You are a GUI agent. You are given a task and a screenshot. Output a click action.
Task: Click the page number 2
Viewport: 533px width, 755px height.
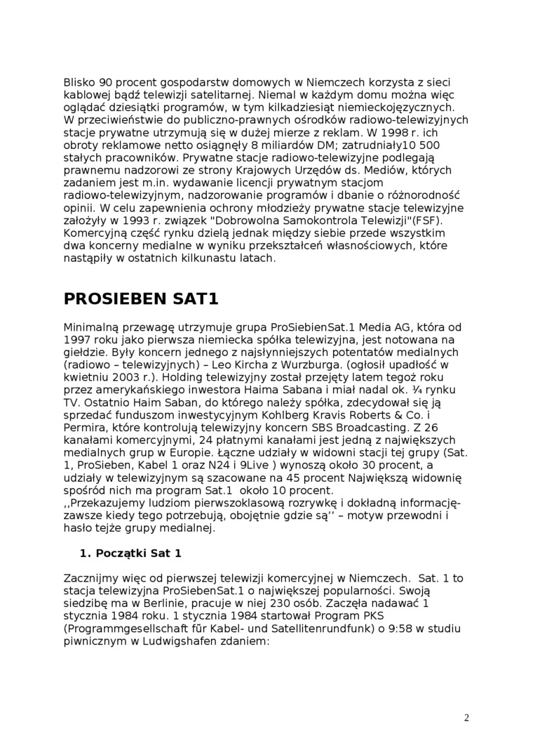tap(466, 717)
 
